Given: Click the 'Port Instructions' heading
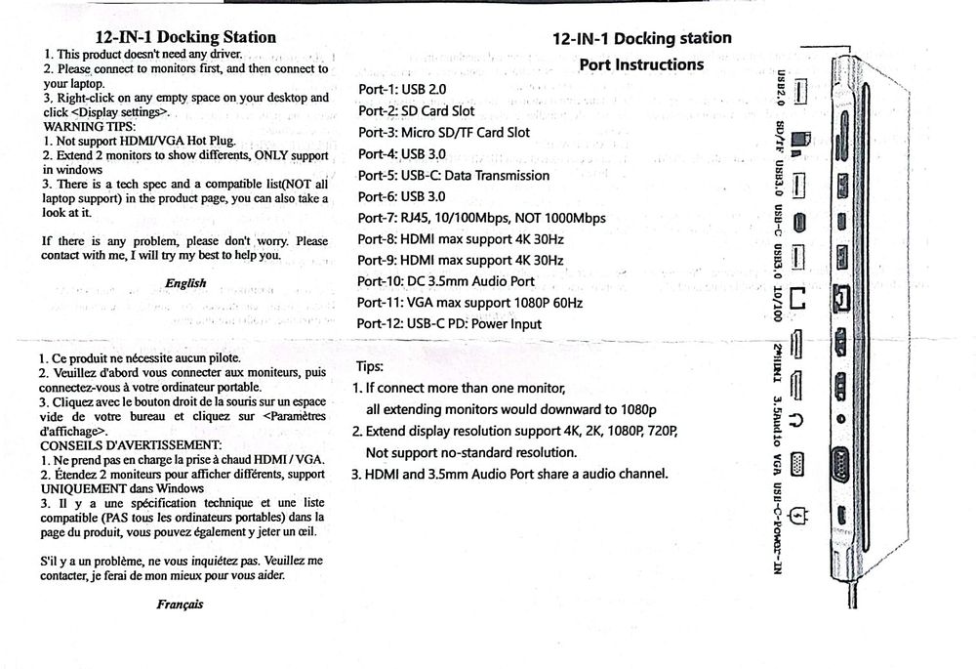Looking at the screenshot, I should coord(640,64).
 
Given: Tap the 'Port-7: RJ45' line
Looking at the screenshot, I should coord(481,218).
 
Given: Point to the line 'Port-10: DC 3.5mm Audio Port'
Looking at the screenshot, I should coord(446,281).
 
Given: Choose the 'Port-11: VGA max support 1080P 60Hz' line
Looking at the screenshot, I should coord(469,303).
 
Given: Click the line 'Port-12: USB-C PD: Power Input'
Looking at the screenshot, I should coord(449,323).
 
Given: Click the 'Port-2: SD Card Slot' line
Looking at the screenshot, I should coord(416,111).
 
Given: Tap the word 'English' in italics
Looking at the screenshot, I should coord(185,283).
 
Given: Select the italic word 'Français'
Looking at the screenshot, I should coord(180,605).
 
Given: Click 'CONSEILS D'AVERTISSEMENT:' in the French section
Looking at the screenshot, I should coord(132,445).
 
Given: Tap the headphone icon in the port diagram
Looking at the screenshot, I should coord(798,421).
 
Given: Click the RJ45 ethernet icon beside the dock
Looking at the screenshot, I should coord(798,304).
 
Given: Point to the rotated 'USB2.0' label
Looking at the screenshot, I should coord(780,89).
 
